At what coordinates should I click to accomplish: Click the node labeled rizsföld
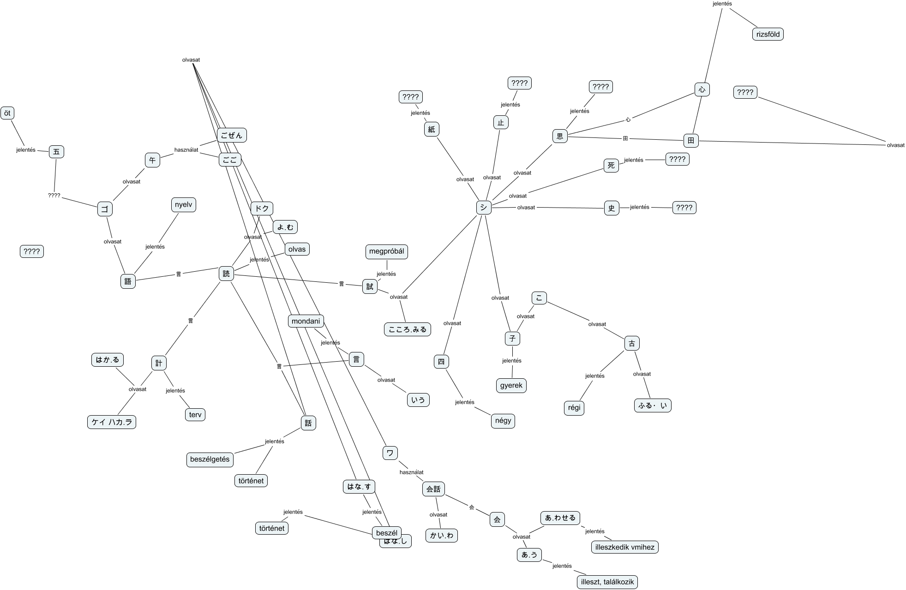tap(768, 34)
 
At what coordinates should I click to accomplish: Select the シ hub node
tap(483, 208)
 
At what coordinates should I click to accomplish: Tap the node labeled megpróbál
tap(387, 251)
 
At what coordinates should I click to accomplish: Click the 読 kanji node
tap(226, 274)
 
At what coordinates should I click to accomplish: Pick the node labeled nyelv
tap(183, 205)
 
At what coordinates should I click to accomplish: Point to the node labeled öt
tap(7, 113)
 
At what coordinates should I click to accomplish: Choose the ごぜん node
tap(232, 135)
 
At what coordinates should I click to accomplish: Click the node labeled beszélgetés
tap(210, 459)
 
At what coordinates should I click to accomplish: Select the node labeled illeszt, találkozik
tap(607, 582)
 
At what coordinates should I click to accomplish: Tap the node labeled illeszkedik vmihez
tap(624, 547)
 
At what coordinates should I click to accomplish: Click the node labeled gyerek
tap(511, 385)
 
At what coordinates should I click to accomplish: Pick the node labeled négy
tap(503, 421)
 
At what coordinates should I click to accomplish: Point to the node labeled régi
tap(574, 408)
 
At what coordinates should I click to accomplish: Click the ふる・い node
tap(653, 405)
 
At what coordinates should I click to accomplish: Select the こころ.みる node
tap(408, 329)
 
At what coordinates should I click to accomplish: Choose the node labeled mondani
tap(306, 321)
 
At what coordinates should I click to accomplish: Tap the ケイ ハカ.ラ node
tap(112, 422)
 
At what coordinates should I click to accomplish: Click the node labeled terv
tap(195, 414)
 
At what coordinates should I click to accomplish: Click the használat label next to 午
tap(186, 150)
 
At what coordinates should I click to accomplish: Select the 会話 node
tap(433, 489)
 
